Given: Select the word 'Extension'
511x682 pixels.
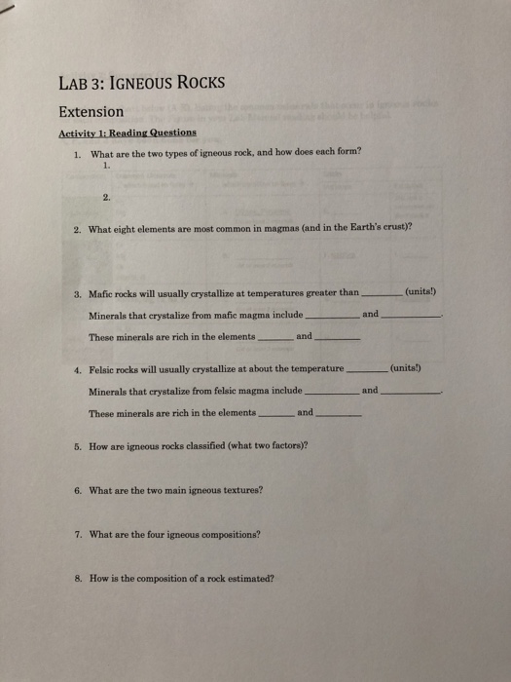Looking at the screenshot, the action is [x=91, y=111].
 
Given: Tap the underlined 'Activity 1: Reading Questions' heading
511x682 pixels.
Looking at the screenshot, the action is [x=127, y=133].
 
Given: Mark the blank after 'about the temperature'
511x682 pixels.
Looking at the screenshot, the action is [x=367, y=372].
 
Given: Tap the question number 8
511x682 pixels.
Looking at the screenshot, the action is [x=77, y=577].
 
